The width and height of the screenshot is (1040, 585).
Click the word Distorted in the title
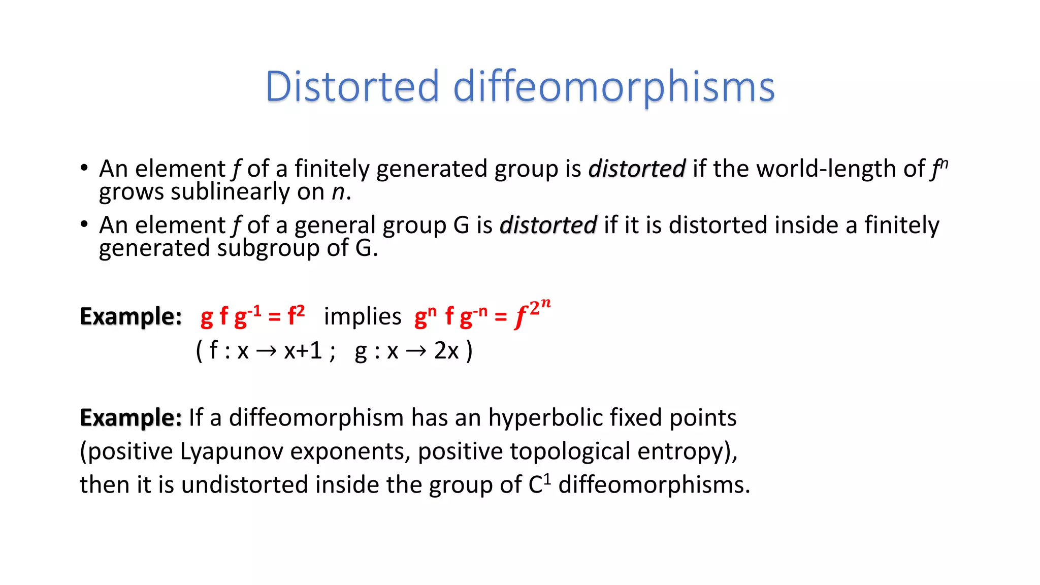tap(352, 86)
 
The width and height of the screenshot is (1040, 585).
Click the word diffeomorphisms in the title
tap(613, 87)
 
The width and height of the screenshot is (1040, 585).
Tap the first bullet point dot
tap(84, 168)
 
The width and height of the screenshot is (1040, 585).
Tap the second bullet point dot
tap(84, 224)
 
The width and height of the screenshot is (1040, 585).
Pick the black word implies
tap(363, 316)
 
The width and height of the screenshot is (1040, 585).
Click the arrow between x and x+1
tap(266, 351)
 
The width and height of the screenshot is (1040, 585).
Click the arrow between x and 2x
tap(416, 351)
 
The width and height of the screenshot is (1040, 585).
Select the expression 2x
tap(446, 350)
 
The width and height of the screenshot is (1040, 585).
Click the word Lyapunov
tap(232, 451)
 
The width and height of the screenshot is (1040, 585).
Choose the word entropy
tap(684, 451)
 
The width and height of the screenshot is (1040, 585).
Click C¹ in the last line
tap(539, 484)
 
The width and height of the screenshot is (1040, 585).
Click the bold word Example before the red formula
tap(131, 316)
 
